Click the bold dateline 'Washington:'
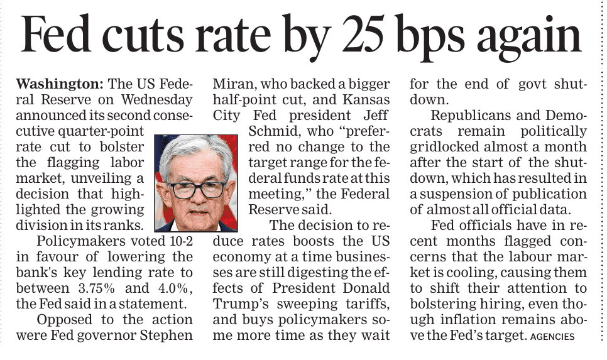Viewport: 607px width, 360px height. coord(60,84)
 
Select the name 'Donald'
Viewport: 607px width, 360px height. coord(368,288)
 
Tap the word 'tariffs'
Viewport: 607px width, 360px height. coord(371,303)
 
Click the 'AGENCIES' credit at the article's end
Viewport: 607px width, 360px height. coord(552,337)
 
